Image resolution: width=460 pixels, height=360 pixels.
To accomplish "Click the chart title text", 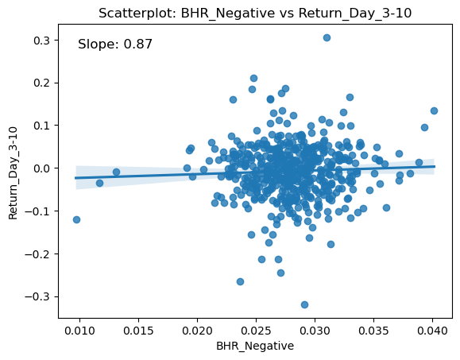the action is click(255, 14).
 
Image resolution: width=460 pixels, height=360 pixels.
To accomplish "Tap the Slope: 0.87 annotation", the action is click(115, 44).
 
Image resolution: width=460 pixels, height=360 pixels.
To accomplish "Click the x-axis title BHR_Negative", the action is click(255, 346).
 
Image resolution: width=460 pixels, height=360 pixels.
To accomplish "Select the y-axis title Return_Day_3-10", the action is click(13, 173).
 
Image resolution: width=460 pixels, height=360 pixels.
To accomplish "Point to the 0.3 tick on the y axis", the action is click(42, 41).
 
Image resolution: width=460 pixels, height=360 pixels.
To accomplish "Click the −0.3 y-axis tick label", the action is click(38, 297).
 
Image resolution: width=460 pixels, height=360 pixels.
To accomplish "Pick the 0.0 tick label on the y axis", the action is click(42, 168).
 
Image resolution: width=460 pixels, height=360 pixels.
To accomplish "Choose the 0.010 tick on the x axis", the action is click(79, 331).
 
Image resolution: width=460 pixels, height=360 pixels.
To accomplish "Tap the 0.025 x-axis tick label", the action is click(256, 331).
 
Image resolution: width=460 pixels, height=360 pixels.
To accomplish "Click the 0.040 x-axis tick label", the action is click(432, 331).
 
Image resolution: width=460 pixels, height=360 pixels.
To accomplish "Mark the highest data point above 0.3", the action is click(327, 37).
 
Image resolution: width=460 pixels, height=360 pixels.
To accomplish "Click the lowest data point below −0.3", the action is click(304, 304).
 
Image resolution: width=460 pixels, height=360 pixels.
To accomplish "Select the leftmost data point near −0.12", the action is click(76, 219).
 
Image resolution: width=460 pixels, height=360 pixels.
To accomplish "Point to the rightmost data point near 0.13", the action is click(434, 110).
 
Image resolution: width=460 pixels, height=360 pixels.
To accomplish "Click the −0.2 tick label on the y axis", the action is click(38, 254).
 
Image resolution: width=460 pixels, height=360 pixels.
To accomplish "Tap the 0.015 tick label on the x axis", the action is click(138, 331).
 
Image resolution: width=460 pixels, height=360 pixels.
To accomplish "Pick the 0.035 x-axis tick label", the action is click(373, 331).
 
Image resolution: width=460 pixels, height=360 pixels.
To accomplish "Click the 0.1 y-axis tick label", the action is click(42, 126).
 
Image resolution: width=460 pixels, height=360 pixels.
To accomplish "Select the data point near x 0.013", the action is click(116, 172).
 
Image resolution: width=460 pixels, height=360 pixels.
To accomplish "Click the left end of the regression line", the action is click(75, 178).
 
